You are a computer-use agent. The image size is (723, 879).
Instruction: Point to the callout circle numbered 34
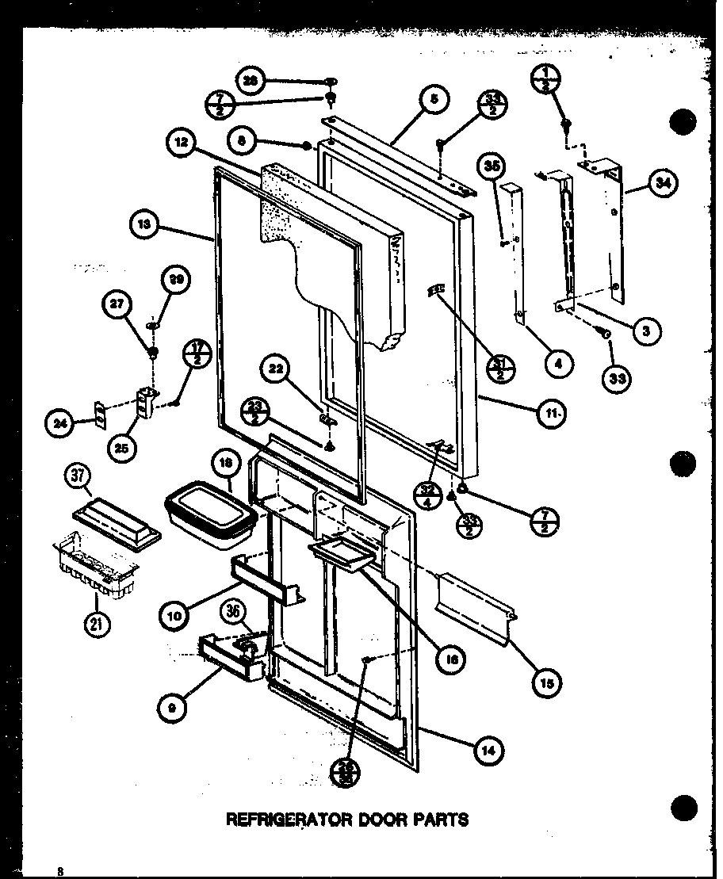[x=661, y=182]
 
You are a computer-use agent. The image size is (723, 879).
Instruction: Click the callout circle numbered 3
[x=646, y=331]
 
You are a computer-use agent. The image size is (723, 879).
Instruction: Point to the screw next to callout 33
[x=606, y=336]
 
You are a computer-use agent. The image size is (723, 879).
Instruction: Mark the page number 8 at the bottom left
[x=59, y=870]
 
